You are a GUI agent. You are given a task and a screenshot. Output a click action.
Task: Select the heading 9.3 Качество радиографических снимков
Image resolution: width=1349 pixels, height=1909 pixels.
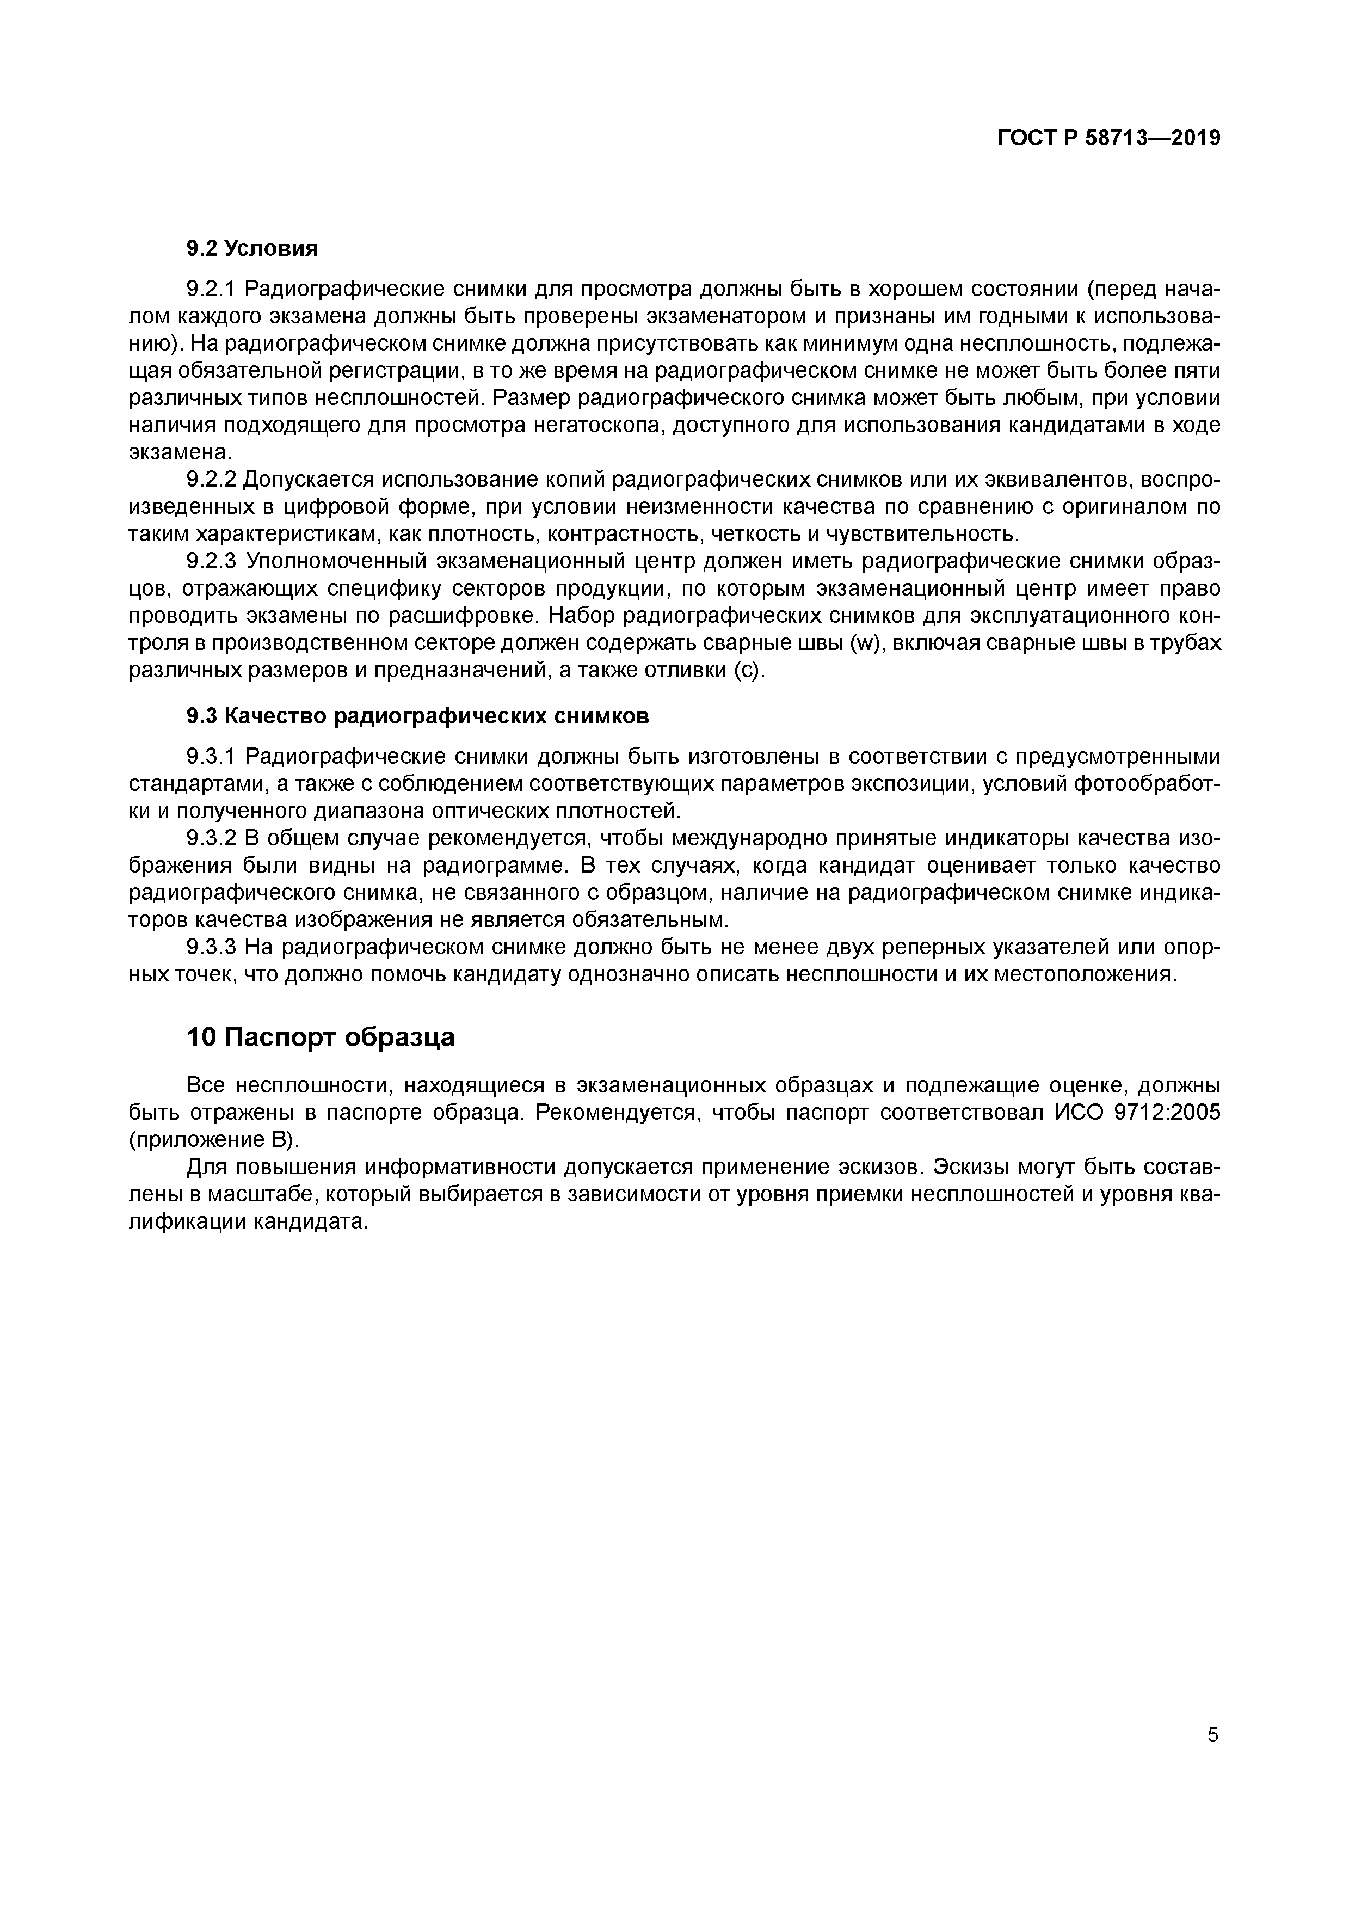417,716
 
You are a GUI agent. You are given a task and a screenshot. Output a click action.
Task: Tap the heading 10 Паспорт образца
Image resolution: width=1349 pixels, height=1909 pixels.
321,1038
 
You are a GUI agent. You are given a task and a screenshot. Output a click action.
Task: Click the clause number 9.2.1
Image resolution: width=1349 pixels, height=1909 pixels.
212,290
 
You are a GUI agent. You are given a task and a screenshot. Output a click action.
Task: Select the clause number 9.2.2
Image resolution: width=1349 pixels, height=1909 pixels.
212,480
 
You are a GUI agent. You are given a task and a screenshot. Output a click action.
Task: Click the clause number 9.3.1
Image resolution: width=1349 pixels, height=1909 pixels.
212,757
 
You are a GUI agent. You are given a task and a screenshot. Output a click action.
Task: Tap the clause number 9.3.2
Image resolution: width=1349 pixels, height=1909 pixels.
212,838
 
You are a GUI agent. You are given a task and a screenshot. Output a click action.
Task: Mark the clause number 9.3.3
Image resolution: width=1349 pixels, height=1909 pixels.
212,947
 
